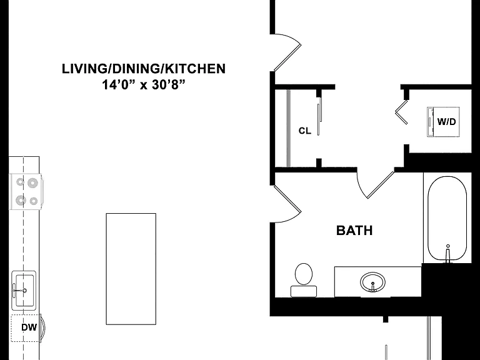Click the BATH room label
tap(354, 230)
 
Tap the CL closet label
tap(305, 131)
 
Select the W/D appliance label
tap(447, 122)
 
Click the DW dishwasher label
tap(29, 327)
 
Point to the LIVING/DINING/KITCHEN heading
tap(144, 69)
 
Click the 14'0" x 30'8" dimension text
tap(144, 85)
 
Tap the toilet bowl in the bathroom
tap(304, 273)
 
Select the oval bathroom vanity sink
tap(372, 282)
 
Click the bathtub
tap(447, 219)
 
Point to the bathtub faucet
tap(448, 254)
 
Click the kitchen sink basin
tap(24, 290)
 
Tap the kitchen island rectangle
tap(131, 269)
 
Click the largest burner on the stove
tap(32, 183)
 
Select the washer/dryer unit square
tap(444, 122)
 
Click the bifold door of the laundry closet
tap(402, 112)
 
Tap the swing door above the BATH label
tap(376, 184)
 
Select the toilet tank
tap(304, 291)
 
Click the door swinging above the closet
tap(287, 52)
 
